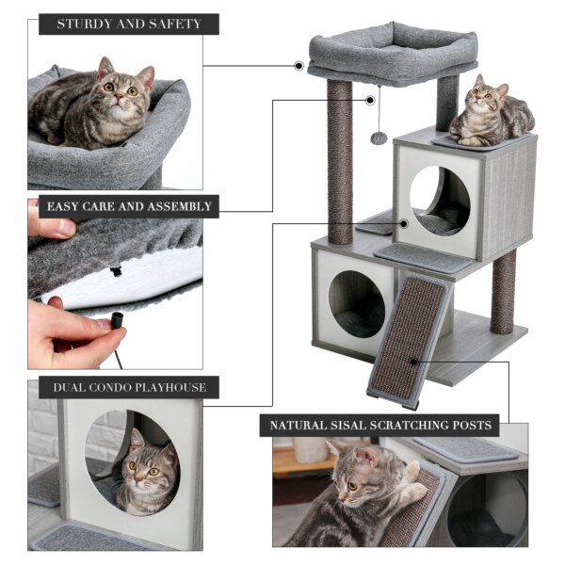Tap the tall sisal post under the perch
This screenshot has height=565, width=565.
[x=340, y=160]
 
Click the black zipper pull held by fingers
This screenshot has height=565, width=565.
[x=118, y=320]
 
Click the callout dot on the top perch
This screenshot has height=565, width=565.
[x=299, y=66]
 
